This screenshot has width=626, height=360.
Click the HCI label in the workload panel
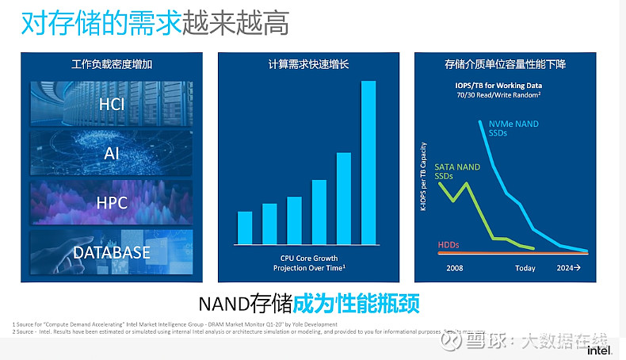(x=112, y=104)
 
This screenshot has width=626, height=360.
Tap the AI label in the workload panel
(x=112, y=153)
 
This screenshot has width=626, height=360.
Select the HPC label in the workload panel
(x=112, y=202)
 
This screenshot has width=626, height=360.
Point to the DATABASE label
(x=112, y=252)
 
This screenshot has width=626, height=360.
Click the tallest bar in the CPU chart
(x=368, y=163)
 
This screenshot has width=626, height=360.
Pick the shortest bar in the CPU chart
(x=245, y=228)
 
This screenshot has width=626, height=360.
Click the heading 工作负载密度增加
(x=111, y=64)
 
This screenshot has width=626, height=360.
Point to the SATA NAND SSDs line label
(x=456, y=170)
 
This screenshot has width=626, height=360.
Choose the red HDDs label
(x=449, y=245)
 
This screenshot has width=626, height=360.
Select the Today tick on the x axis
(x=525, y=268)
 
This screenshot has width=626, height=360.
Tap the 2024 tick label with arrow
(x=569, y=268)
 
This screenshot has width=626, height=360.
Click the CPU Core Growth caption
(x=309, y=259)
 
